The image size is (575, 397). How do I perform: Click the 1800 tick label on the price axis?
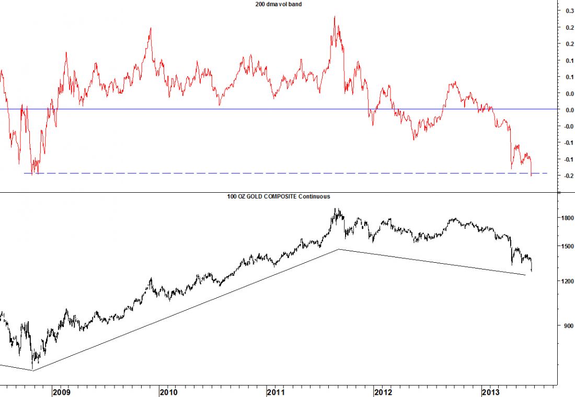pos(567,218)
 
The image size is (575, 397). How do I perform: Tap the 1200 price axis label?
pos(567,282)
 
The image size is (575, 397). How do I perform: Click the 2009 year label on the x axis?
pos(61,392)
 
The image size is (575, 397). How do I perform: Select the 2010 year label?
pos(168,392)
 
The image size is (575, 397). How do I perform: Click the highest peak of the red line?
pos(335,16)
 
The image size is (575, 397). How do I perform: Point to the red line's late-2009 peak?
pos(151,28)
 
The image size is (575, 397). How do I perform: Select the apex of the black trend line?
pos(339,249)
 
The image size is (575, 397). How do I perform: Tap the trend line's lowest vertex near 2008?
pos(32,370)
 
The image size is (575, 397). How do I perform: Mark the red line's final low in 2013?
pos(531,176)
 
